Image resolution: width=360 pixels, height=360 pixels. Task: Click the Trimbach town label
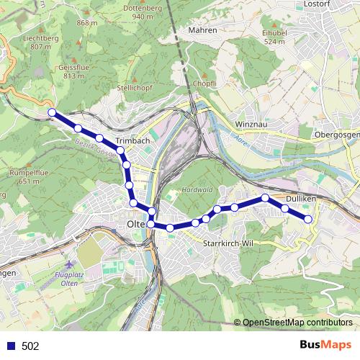pos(132,140)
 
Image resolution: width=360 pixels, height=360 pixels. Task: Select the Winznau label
pos(252,124)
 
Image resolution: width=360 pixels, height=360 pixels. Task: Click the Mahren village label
pos(202,30)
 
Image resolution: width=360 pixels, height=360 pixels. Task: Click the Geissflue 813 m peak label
pos(60,71)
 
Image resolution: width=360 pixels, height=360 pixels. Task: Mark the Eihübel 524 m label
pos(276,37)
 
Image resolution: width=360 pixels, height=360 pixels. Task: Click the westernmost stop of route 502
pos(52,112)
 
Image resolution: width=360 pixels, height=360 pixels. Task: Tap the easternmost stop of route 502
pos(308,218)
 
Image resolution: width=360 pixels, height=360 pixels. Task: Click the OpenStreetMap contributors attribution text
pos(297,323)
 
